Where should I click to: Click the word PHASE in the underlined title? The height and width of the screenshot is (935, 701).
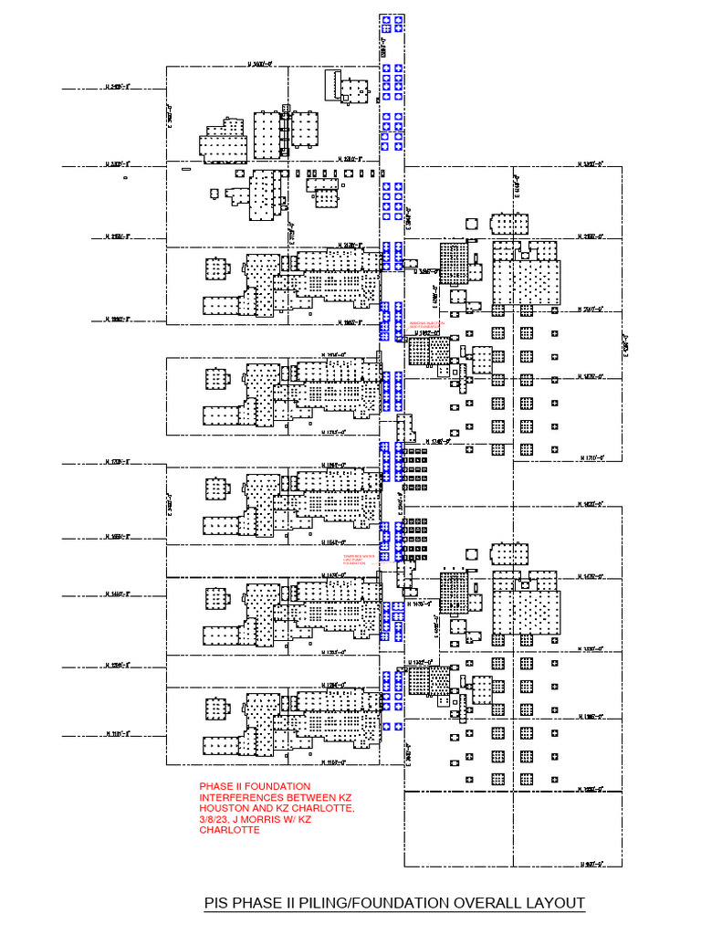pos(261,903)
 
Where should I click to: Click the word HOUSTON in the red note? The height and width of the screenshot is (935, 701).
pos(225,809)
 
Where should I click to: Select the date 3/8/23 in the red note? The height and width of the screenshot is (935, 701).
pos(213,820)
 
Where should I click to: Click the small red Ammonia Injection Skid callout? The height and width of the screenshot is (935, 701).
pos(428,324)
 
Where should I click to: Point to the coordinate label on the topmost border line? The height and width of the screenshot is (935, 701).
pos(262,64)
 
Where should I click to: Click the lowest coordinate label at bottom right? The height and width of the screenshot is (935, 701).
pos(595,861)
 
